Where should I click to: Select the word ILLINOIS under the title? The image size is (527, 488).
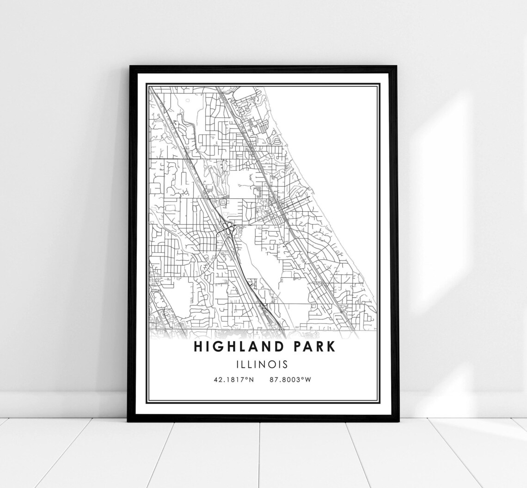262,364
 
